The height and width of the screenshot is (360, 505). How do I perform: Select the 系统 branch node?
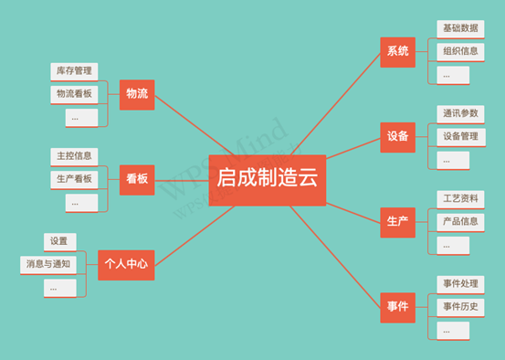point(397,52)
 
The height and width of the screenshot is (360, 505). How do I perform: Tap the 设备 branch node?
point(397,137)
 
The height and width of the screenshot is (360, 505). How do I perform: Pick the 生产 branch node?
point(397,222)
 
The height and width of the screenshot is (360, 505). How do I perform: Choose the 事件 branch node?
point(397,307)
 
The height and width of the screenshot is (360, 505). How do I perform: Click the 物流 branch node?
point(137,94)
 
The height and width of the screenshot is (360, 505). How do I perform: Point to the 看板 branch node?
point(137,179)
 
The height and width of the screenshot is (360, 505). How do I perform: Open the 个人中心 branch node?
point(126,265)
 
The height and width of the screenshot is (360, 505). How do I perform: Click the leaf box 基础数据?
point(460,28)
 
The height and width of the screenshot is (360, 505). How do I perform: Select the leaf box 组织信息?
point(460,51)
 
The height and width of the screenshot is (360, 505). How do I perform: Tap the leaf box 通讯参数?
point(460,113)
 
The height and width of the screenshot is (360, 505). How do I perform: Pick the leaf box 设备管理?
point(460,137)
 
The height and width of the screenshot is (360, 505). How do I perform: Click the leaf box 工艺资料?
point(460,198)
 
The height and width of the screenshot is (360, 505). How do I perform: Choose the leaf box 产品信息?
point(460,221)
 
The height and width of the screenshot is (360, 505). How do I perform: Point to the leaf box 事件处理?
point(460,284)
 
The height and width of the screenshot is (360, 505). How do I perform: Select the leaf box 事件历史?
point(460,307)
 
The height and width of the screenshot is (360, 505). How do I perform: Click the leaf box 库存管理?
point(74,71)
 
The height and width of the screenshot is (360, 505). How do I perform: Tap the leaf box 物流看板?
point(74,94)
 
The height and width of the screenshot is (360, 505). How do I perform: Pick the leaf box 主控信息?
point(74,156)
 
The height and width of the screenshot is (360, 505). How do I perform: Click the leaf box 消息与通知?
point(48,265)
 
